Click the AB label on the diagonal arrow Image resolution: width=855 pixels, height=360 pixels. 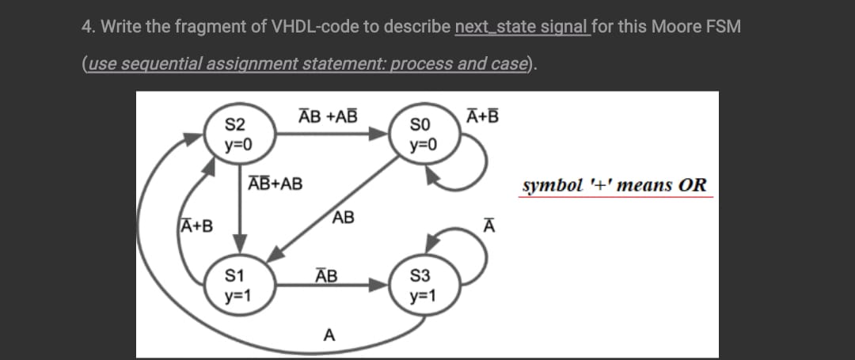[x=344, y=218]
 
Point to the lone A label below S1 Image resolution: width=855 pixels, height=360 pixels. [x=327, y=335]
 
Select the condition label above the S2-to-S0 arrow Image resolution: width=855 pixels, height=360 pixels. [x=327, y=116]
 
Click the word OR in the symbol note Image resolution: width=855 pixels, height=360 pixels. [x=691, y=186]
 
